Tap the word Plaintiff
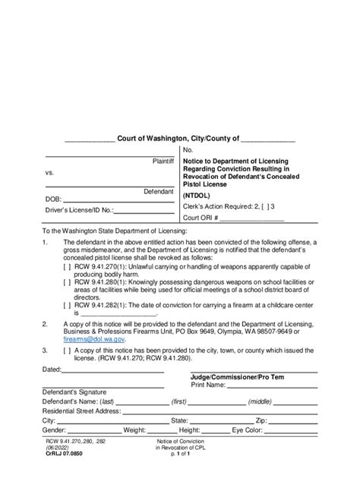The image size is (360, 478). [164, 162]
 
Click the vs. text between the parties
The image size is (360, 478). [49, 173]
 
